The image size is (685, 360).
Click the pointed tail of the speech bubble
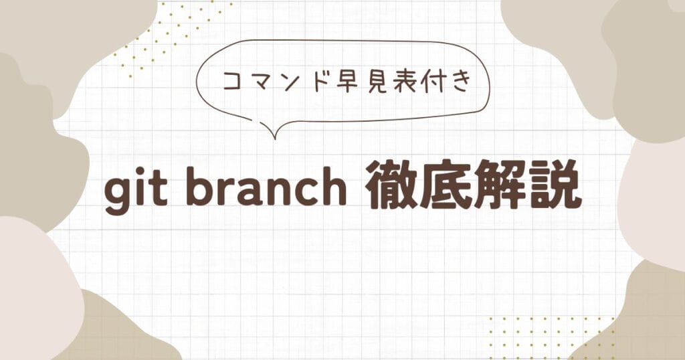[275, 139]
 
